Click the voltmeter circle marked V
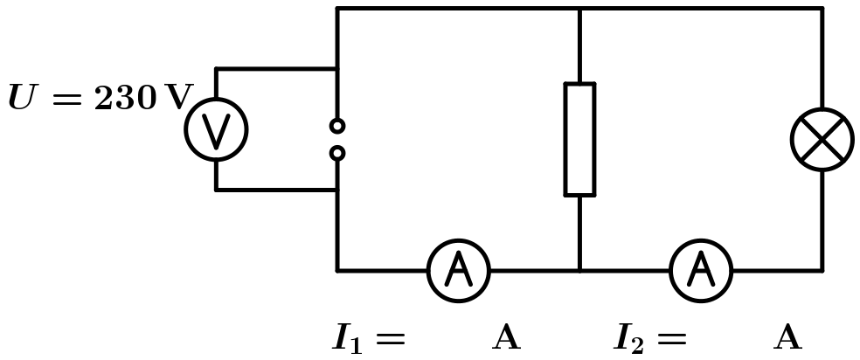216,130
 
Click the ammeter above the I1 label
458,271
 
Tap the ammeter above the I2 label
701,271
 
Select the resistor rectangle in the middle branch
579,139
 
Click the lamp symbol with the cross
822,139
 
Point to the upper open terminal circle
337,126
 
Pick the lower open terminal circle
337,154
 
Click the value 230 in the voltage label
125,99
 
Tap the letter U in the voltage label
22,99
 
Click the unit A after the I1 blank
507,337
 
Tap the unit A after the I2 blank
787,337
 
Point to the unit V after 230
177,99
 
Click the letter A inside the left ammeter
458,271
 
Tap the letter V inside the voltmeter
216,130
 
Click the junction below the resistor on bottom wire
579,271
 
